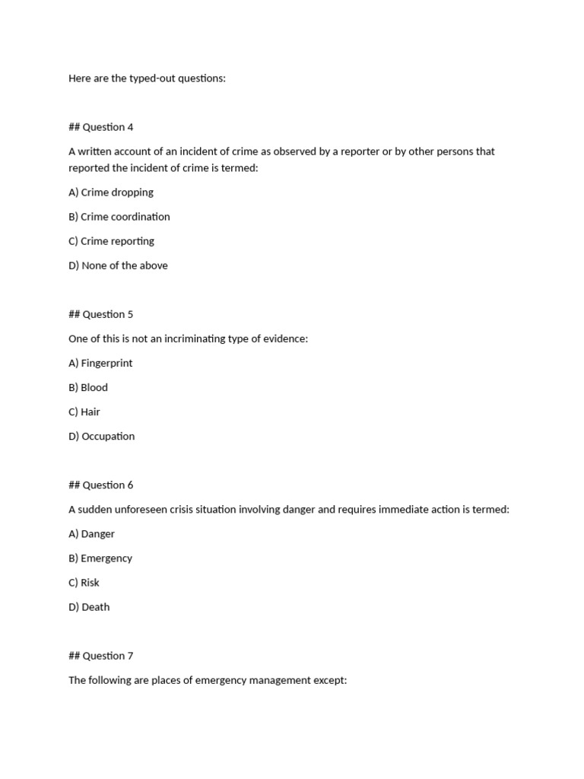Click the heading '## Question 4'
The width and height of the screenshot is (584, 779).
(x=100, y=127)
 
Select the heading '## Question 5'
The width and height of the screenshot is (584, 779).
(x=100, y=314)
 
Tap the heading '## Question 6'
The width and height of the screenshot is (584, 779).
(x=100, y=485)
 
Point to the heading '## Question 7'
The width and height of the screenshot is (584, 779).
(x=100, y=656)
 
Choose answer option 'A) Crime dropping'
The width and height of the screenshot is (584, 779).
(x=111, y=192)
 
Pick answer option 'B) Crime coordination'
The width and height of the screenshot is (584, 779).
(x=119, y=217)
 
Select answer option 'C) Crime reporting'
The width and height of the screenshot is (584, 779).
(x=111, y=241)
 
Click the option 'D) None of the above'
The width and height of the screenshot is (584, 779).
(x=118, y=265)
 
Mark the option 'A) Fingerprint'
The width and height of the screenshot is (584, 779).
(x=100, y=363)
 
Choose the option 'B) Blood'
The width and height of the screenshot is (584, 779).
(x=88, y=387)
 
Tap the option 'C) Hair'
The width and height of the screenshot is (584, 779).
(x=84, y=412)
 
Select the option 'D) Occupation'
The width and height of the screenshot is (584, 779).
(x=101, y=436)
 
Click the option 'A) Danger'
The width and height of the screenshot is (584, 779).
(x=91, y=534)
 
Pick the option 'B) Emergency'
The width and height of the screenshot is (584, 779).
(x=100, y=558)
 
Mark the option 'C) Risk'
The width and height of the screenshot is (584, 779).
(x=84, y=583)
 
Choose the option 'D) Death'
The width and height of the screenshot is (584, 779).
(x=89, y=607)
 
